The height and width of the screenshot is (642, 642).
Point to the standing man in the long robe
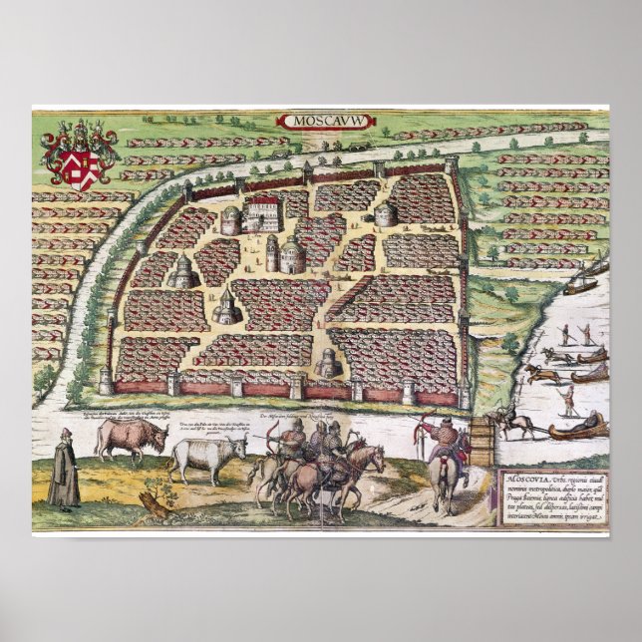tap(66, 471)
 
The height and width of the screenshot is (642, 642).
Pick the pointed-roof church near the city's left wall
tap(183, 270)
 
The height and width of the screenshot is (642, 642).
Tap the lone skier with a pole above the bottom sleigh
tap(567, 399)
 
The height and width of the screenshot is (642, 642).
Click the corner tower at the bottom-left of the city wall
tap(106, 380)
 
